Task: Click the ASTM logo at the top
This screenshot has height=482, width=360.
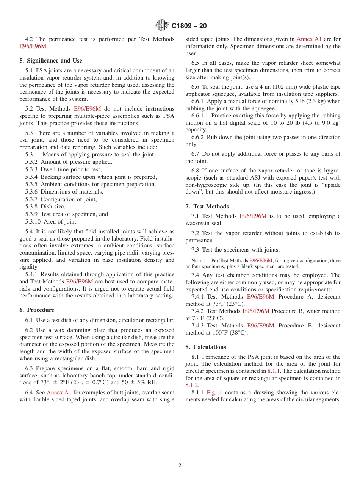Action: pos(162,26)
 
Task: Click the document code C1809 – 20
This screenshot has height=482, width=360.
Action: pos(189,26)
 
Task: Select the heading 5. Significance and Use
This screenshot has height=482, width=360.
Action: pos(51,61)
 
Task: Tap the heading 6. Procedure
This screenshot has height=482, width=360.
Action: pos(37,310)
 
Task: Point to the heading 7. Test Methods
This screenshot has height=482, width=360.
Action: pos(207,207)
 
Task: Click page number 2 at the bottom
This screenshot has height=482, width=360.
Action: pos(180,466)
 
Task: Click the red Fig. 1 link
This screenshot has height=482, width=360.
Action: pos(214,393)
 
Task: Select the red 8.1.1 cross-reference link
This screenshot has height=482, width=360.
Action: pos(274,371)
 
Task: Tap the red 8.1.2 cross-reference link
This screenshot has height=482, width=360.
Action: pos(192,385)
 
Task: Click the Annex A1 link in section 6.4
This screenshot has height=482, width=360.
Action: pos(59,393)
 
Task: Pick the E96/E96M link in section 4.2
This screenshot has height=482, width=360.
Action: pos(33,46)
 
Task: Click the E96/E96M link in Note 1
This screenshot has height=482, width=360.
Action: pos(261,261)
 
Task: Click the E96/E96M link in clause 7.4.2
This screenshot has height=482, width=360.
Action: pos(256,311)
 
